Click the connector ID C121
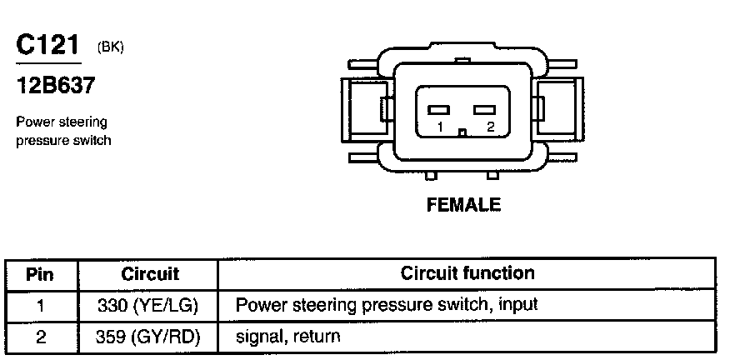pos(47,45)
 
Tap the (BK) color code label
pos(111,47)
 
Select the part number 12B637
pos(55,85)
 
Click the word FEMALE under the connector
pos(463,204)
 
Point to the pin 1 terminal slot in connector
pos(438,110)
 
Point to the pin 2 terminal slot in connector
pos(485,110)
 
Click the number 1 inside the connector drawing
pos(440,127)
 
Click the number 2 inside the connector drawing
pos(490,127)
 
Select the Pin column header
pos(39,274)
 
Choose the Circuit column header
pos(150,274)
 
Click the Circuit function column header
pos(467,272)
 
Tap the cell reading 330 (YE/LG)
pos(148,306)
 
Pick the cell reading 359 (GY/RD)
pos(148,337)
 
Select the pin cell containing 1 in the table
pos(41,306)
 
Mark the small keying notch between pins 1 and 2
pos(462,132)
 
